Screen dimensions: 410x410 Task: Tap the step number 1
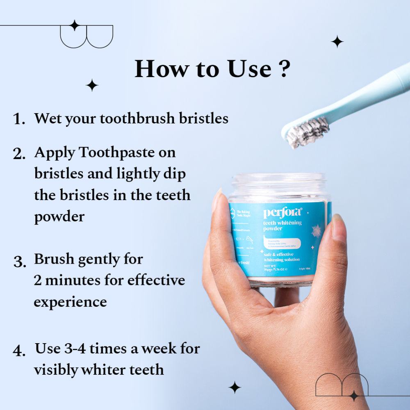pyautogui.click(x=19, y=119)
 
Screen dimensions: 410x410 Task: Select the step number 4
pyautogui.click(x=19, y=351)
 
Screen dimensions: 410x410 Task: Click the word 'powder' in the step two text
pyautogui.click(x=59, y=216)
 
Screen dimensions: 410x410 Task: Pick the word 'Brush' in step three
pyautogui.click(x=53, y=259)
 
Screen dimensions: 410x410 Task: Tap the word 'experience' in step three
pyautogui.click(x=70, y=302)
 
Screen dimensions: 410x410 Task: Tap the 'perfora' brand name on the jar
pyautogui.click(x=282, y=213)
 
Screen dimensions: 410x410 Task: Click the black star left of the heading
pyautogui.click(x=92, y=85)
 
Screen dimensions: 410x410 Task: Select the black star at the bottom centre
pyautogui.click(x=235, y=387)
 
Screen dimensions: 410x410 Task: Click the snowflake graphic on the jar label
pyautogui.click(x=316, y=231)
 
